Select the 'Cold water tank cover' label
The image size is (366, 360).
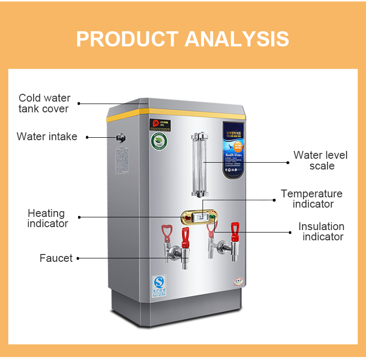click(x=44, y=104)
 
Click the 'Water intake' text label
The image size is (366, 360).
click(x=47, y=137)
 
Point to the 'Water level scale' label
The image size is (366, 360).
click(x=321, y=160)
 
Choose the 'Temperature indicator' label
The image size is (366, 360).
click(x=312, y=199)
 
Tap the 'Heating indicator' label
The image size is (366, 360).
click(x=47, y=218)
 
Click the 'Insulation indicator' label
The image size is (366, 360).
click(x=322, y=232)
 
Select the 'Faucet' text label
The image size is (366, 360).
click(x=56, y=258)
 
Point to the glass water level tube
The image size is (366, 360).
click(x=199, y=164)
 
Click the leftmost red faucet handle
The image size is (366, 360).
click(x=167, y=231)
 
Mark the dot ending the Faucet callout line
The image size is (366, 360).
click(x=78, y=258)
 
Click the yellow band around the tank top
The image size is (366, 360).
click(x=195, y=113)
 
